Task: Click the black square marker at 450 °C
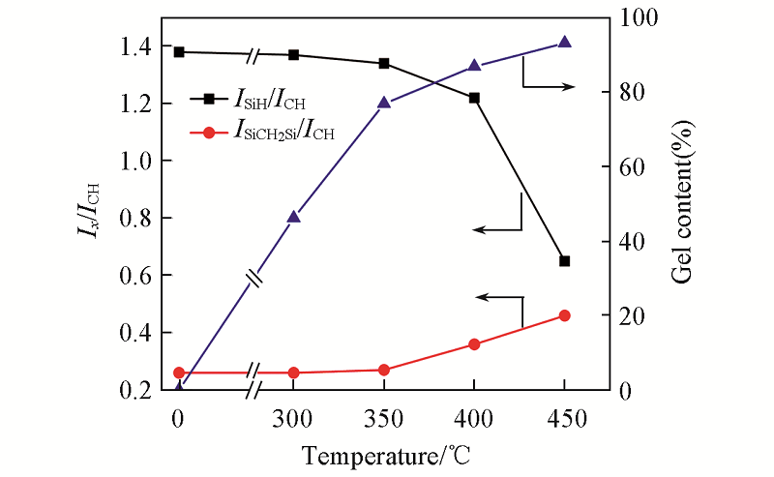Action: [565, 261]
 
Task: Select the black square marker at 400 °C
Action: [474, 98]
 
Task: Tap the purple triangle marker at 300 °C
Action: [294, 217]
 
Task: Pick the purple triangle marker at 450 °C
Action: [565, 43]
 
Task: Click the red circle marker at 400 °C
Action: [474, 344]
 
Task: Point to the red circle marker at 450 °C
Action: [565, 315]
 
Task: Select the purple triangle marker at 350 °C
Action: [384, 103]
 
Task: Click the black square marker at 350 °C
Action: [384, 64]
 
